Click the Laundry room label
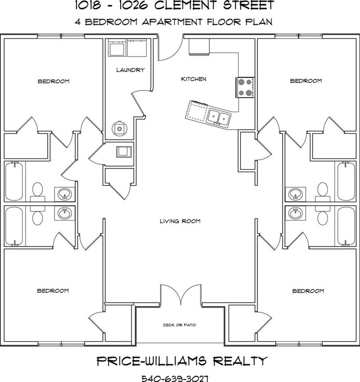(130, 70)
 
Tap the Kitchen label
(194, 79)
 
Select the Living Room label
(180, 221)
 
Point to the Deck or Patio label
(179, 325)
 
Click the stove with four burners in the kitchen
(245, 87)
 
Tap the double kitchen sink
(219, 117)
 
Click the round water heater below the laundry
(119, 128)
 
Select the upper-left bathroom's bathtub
(14, 181)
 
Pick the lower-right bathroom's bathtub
(346, 226)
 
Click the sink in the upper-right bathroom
(295, 194)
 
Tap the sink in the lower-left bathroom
(65, 213)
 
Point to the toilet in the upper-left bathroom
(38, 190)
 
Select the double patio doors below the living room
(181, 295)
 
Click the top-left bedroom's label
(53, 82)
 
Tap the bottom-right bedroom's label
(308, 291)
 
